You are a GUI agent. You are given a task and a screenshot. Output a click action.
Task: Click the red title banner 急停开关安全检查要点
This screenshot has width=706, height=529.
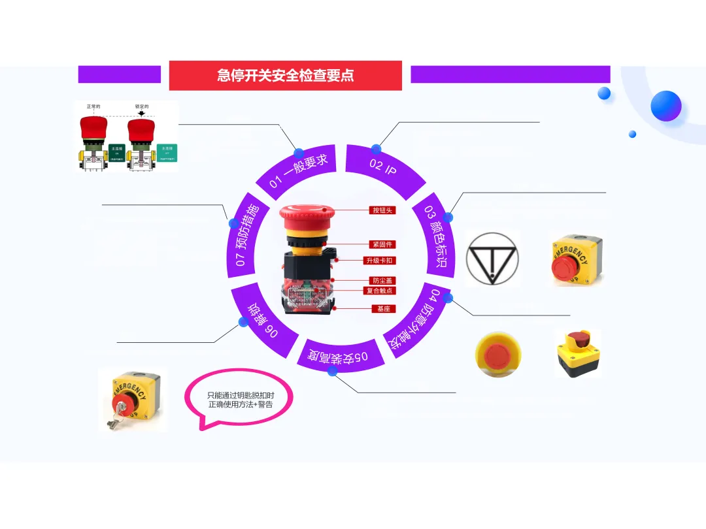285,75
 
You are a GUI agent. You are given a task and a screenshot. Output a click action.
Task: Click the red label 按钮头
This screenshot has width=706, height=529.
382,210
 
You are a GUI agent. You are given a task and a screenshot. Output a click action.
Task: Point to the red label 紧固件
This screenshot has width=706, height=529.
382,244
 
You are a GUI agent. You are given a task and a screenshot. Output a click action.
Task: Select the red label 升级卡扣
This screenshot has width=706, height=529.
380,261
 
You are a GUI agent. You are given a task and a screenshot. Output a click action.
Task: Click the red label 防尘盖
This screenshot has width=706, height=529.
382,280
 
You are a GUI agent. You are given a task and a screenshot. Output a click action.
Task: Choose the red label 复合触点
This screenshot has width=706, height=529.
380,291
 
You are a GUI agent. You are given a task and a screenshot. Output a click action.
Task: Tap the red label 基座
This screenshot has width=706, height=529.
383,308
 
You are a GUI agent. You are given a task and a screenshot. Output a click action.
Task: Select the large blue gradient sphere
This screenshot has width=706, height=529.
665,105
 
